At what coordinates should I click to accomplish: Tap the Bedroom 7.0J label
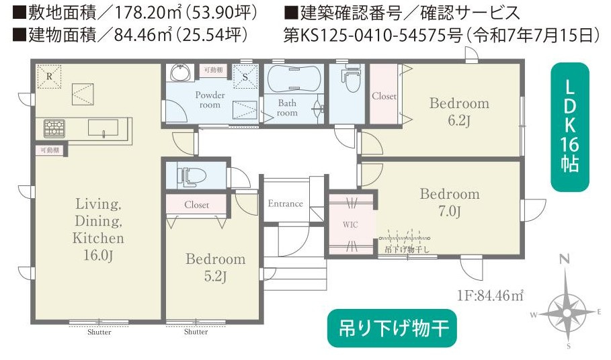450,203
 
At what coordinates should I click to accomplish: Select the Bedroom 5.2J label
215,267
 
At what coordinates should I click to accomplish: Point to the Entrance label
285,204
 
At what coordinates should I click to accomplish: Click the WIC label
350,224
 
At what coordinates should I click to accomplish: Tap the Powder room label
210,99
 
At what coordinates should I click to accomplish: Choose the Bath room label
287,108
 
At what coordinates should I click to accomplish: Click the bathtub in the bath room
294,80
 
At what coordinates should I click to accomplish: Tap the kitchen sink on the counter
102,128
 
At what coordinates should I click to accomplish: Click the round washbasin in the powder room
179,73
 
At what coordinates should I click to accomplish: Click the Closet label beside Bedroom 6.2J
384,96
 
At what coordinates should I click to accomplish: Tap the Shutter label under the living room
99,332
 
